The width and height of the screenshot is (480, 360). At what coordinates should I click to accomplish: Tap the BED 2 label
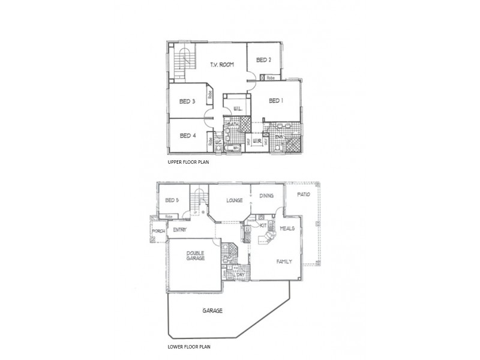click(264, 60)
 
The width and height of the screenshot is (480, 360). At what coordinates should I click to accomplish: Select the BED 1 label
click(275, 101)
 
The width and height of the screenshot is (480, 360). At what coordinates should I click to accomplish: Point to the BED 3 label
click(187, 101)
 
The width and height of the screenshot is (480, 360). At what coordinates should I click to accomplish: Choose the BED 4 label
click(187, 136)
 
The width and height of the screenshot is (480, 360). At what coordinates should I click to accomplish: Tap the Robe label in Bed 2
click(271, 78)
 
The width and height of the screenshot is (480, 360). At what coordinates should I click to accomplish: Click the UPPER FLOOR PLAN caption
click(187, 163)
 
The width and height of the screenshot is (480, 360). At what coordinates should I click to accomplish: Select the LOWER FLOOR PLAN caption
click(189, 347)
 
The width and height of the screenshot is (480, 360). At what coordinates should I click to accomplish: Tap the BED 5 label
click(172, 200)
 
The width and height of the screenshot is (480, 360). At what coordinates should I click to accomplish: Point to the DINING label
click(267, 196)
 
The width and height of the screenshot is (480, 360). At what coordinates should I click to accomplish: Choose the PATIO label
click(303, 195)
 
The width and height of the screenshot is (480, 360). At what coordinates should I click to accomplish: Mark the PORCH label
click(158, 231)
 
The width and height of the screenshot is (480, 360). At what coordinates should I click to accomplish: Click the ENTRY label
click(180, 229)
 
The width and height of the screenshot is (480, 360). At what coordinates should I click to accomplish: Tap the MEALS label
click(287, 229)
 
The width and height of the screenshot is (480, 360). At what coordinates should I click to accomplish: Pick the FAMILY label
click(284, 262)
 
